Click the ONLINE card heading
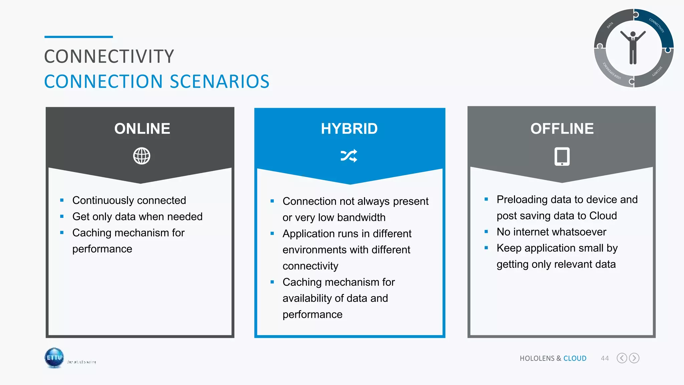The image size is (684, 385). (142, 129)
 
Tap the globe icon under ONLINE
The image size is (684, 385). (142, 156)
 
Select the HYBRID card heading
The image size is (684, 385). (349, 129)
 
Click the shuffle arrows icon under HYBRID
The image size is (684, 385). (349, 156)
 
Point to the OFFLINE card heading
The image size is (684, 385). (562, 129)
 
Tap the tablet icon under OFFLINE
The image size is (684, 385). (562, 156)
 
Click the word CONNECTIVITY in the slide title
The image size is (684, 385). (109, 56)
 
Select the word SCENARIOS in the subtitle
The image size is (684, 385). (219, 82)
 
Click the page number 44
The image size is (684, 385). (605, 358)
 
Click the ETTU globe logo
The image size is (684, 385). (54, 358)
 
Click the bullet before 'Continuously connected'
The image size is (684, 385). (62, 200)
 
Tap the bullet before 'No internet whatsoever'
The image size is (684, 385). (486, 232)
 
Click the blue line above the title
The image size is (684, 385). (78, 37)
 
